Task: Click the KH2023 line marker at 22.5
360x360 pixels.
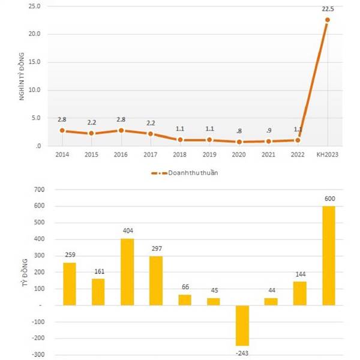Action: (327, 20)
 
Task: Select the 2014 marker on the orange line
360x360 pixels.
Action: (62, 130)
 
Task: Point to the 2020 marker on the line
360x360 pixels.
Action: (239, 142)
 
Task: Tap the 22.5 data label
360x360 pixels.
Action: (328, 8)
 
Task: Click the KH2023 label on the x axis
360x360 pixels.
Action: (327, 155)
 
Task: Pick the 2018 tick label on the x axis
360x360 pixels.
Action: (180, 155)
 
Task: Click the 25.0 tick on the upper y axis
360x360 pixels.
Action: (34, 6)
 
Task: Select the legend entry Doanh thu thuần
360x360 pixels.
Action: (186, 173)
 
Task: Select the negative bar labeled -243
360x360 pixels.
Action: (242, 325)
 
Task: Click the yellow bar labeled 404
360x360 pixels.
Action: (127, 272)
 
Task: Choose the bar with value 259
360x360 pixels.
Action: (70, 284)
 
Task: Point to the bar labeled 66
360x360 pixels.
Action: (185, 300)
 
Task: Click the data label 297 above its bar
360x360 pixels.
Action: (156, 249)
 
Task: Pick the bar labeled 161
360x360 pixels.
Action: (98, 292)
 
